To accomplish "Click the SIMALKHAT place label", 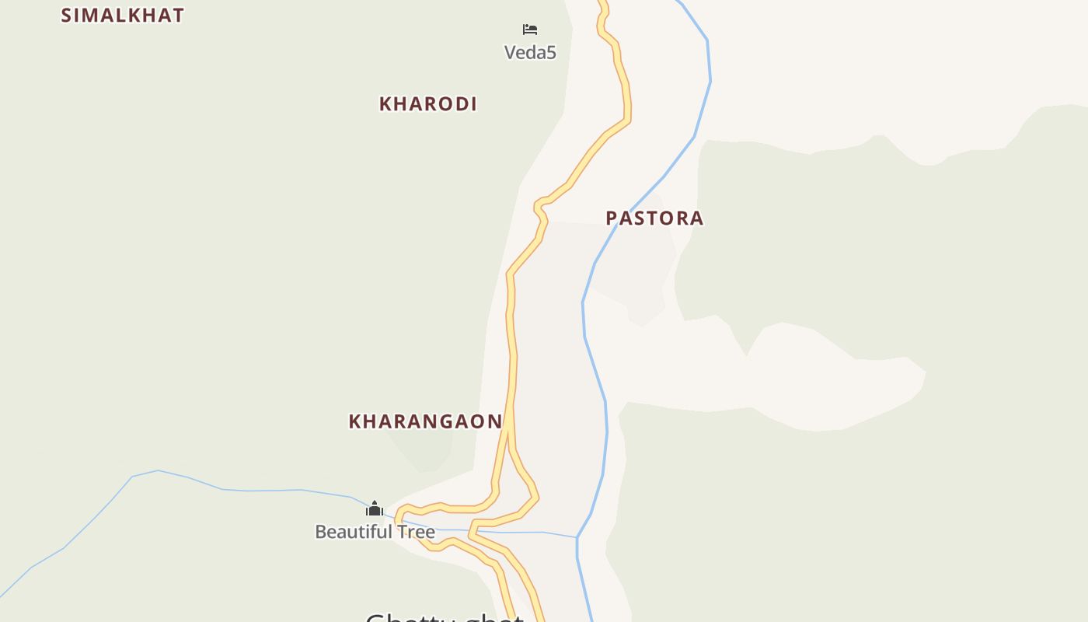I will coord(122,16).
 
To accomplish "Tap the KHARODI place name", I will coord(427,104).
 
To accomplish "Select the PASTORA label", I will coord(654,218).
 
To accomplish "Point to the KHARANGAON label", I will coord(425,421).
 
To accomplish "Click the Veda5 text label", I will coord(530,53).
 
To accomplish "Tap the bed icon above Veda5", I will coord(530,30).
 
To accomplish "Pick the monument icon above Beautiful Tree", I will coord(375,508).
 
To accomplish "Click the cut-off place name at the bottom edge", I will coord(445,617).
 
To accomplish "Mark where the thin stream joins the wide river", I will coord(577,537).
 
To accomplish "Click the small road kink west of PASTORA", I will coord(538,207).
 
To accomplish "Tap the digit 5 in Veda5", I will coord(551,53).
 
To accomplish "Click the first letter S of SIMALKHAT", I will coord(66,16).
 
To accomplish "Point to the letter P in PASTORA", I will coord(612,218).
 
